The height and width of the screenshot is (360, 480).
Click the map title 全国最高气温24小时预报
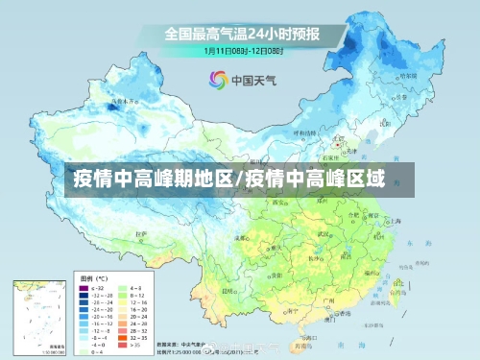pyautogui.click(x=241, y=34)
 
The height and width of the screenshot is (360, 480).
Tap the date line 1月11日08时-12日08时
pyautogui.click(x=241, y=50)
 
